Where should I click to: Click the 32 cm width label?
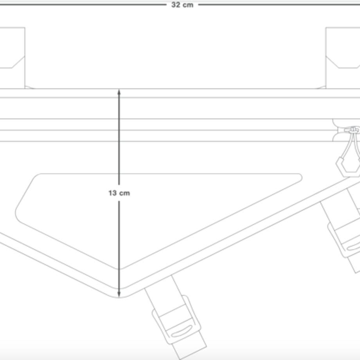pyautogui.click(x=182, y=5)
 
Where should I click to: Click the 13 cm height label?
pyautogui.click(x=119, y=193)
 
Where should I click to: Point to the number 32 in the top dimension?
pyautogui.click(x=176, y=5)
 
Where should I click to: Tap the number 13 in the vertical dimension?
pyautogui.click(x=113, y=193)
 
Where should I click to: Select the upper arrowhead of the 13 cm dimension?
pyautogui.click(x=119, y=92)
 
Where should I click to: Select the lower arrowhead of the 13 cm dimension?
pyautogui.click(x=119, y=294)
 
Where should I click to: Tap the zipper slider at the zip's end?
pyautogui.click(x=351, y=130)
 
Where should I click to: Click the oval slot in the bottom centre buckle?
pyautogui.click(x=182, y=331)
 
